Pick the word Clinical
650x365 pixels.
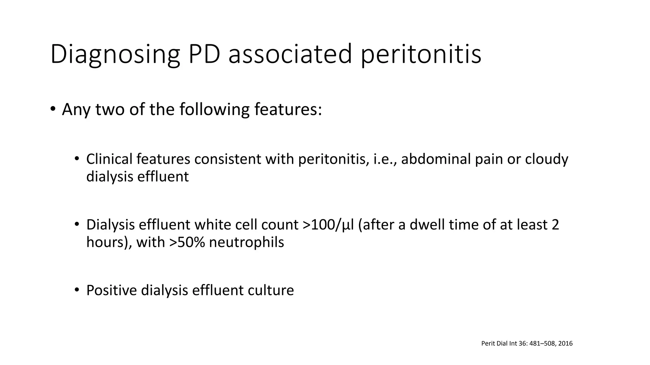(109, 159)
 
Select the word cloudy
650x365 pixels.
(547, 159)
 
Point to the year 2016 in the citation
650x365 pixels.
(565, 343)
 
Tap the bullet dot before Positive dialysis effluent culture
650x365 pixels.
(76, 290)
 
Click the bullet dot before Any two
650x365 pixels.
(53, 109)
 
